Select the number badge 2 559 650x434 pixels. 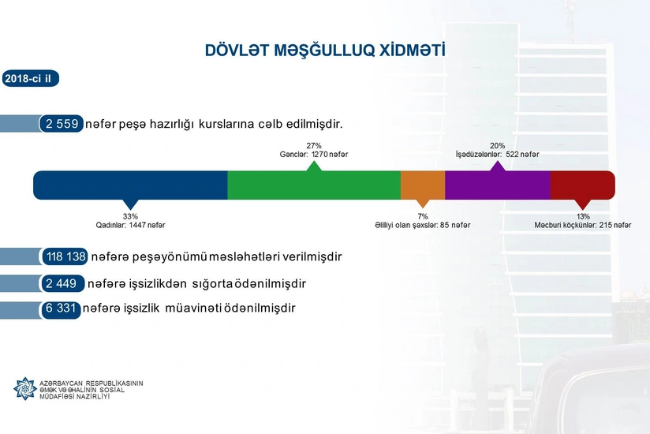tap(61, 124)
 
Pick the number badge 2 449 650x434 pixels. tap(61, 282)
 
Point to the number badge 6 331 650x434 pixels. tap(61, 309)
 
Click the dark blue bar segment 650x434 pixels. tap(130, 185)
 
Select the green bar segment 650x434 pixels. tap(314, 185)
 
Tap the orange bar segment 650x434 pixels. tap(423, 185)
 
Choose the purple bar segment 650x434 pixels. tap(497, 185)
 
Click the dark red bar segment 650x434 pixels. tap(582, 185)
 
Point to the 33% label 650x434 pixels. tap(130, 216)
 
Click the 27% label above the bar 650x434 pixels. tap(314, 145)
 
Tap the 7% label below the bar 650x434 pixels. tap(423, 216)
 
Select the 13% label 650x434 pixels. tap(583, 216)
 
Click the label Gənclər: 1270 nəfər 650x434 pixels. tap(314, 155)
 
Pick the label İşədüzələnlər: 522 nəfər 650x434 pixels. tap(497, 155)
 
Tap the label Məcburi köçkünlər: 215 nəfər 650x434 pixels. tap(583, 226)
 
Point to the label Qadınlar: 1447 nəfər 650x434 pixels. tap(130, 226)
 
